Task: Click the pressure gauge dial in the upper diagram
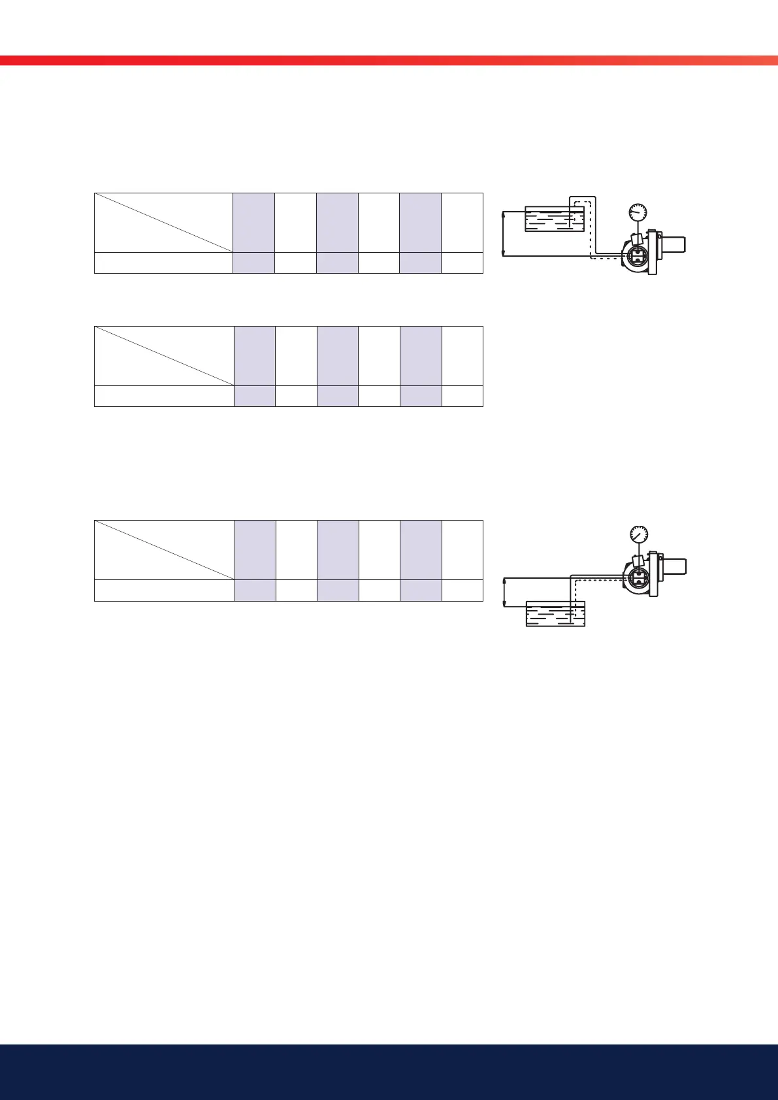click(x=638, y=212)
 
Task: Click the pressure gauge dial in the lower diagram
click(x=637, y=534)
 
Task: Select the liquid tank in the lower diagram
click(x=555, y=613)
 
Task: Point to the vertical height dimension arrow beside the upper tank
click(x=502, y=233)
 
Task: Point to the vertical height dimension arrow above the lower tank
click(x=504, y=592)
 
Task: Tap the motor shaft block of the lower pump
click(x=675, y=566)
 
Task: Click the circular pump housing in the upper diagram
click(x=635, y=257)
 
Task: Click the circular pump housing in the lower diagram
click(x=636, y=576)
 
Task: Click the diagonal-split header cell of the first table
click(x=164, y=223)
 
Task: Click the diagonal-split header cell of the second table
click(x=164, y=356)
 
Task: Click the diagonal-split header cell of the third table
click(x=164, y=550)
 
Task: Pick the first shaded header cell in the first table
click(x=254, y=223)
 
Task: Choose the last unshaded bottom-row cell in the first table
click(x=462, y=263)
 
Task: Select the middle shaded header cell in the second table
click(x=338, y=356)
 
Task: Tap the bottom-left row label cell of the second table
click(x=164, y=396)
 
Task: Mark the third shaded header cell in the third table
click(x=421, y=550)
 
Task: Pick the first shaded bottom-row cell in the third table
click(x=255, y=590)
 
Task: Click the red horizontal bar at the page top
click(x=389, y=61)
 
